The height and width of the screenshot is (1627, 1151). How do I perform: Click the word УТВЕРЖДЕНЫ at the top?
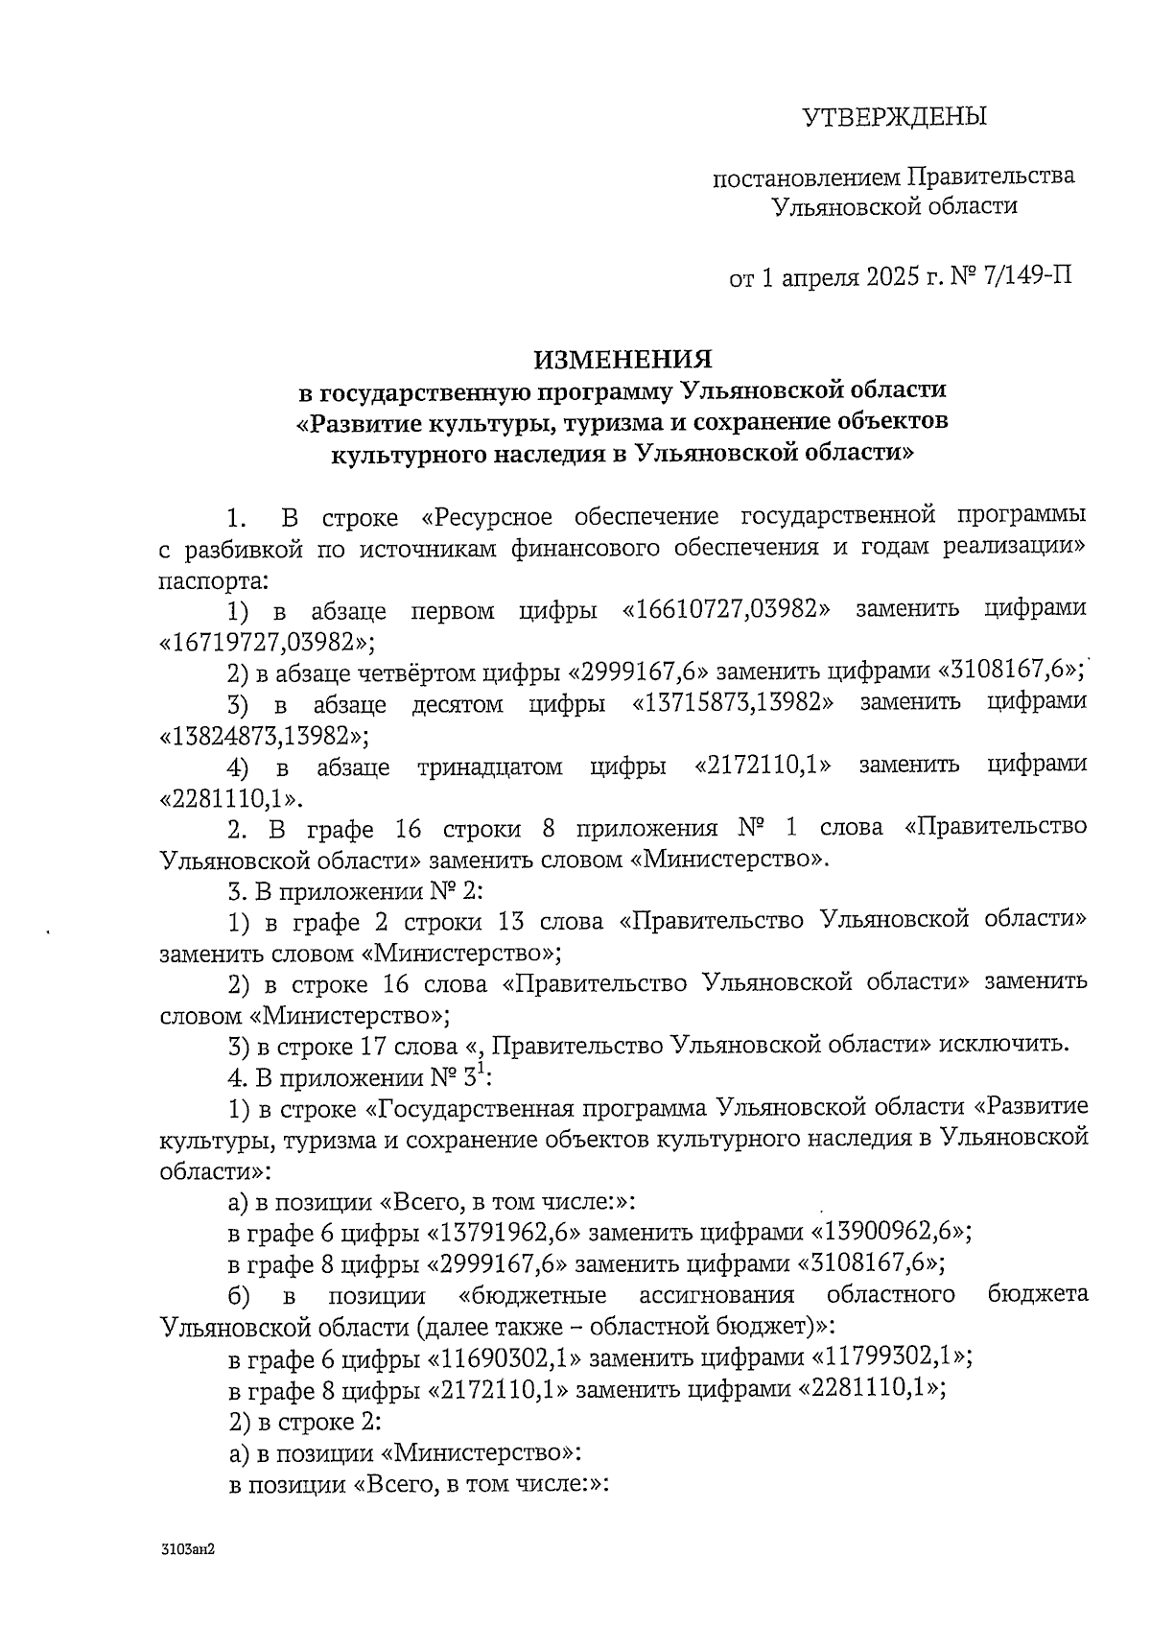894,118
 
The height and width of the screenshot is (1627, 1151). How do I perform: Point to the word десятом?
458,703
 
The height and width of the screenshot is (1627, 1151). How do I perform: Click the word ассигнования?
716,1295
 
